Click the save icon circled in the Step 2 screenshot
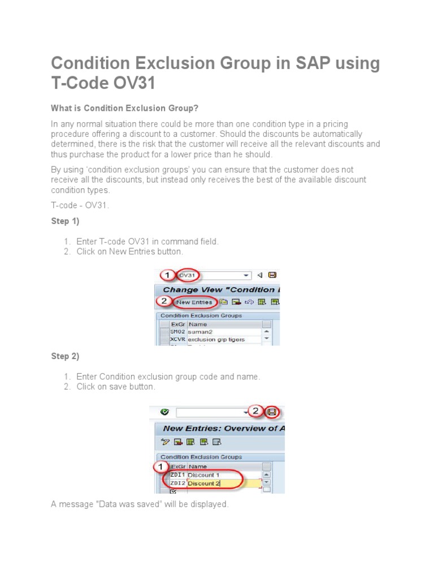tap(272, 412)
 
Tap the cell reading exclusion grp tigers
tap(218, 340)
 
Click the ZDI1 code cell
tap(177, 475)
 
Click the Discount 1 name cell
tap(204, 475)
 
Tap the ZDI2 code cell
tap(177, 483)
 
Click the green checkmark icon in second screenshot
tap(164, 412)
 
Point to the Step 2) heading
tap(65, 356)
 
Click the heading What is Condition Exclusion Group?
tap(125, 108)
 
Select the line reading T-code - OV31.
tap(80, 205)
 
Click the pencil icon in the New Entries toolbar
tap(164, 442)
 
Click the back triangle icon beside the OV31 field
tap(260, 275)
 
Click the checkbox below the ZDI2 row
tap(165, 491)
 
